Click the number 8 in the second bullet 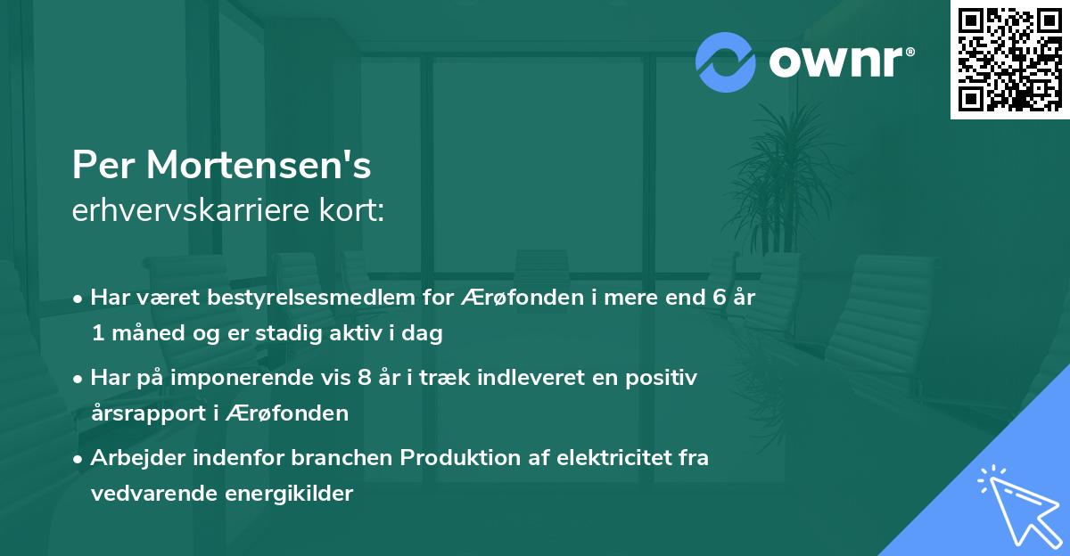point(363,378)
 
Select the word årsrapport point(144,413)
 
